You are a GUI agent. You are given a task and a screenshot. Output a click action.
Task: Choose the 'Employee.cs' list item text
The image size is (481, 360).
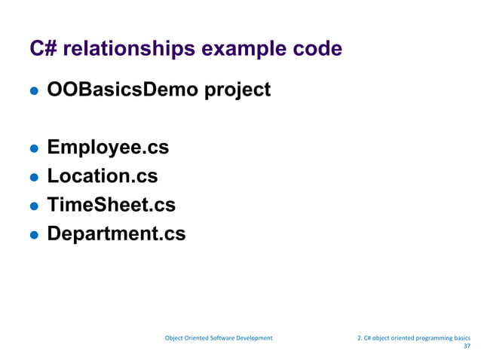coord(108,148)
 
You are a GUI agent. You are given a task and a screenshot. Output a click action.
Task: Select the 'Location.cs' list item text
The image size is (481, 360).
coord(103,176)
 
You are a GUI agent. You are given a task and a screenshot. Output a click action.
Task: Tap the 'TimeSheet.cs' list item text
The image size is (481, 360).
coord(111,205)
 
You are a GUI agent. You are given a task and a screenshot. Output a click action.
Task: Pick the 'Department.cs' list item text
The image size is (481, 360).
coord(116,234)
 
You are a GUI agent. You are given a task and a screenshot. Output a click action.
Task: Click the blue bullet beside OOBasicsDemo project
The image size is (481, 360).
coord(33,92)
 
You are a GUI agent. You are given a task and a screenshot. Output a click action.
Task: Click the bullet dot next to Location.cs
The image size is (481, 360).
coord(33,178)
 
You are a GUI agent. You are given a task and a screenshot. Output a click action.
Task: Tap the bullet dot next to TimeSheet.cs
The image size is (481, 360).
coord(33,206)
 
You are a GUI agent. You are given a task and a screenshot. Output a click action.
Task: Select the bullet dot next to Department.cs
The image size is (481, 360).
coord(33,235)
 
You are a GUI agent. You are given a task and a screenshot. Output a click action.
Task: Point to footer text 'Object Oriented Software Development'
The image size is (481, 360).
coord(219,338)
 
